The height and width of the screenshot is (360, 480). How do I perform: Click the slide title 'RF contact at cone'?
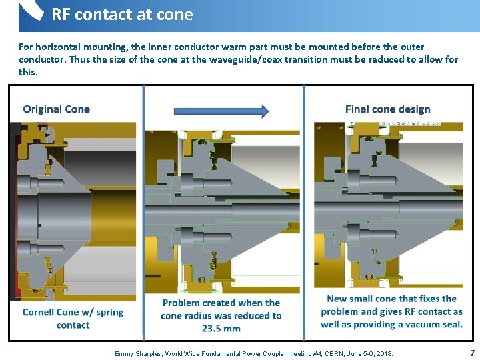coord(122,15)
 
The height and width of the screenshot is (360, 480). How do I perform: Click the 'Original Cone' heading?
coord(56,109)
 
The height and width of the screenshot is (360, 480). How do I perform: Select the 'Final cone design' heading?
coord(387,109)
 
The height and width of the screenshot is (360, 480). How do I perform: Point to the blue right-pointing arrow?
coord(221,111)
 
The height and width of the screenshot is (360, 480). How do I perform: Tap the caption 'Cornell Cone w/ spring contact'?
coord(73,319)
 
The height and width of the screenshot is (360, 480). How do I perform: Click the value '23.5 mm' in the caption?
coord(221,329)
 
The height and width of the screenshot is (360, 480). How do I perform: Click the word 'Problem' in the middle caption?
coord(181,303)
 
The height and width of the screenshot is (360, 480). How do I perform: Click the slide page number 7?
coord(472,352)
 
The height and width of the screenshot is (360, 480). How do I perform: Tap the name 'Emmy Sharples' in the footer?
coord(139,353)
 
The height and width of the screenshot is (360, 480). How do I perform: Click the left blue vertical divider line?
coord(143,213)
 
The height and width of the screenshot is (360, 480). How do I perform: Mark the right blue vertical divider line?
coord(304,213)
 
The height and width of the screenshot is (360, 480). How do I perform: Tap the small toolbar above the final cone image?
coord(422,124)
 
